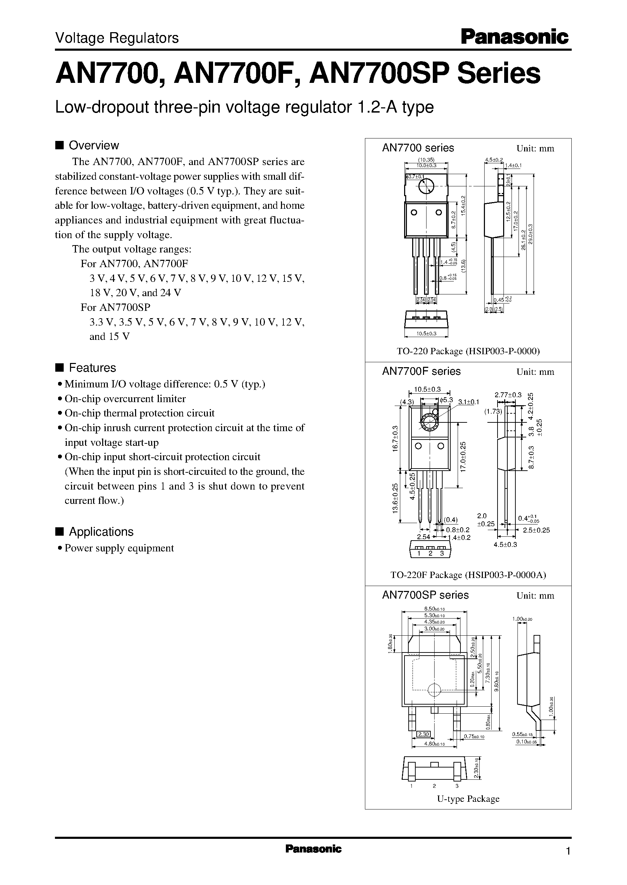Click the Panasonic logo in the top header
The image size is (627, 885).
click(515, 38)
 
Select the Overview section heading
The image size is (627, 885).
click(93, 145)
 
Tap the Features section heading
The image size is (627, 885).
click(92, 367)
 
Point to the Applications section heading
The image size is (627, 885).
click(101, 531)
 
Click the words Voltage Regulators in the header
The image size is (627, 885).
click(117, 38)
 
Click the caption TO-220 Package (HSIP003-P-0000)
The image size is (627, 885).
click(468, 351)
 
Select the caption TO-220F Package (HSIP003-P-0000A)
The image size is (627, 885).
click(468, 575)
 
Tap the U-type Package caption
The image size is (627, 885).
click(468, 798)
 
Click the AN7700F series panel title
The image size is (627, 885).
click(421, 371)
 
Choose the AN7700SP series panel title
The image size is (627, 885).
click(425, 595)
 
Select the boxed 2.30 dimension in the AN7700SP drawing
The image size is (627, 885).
click(423, 734)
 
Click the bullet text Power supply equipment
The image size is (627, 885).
click(119, 548)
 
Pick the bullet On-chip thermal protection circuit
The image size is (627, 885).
click(139, 413)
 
